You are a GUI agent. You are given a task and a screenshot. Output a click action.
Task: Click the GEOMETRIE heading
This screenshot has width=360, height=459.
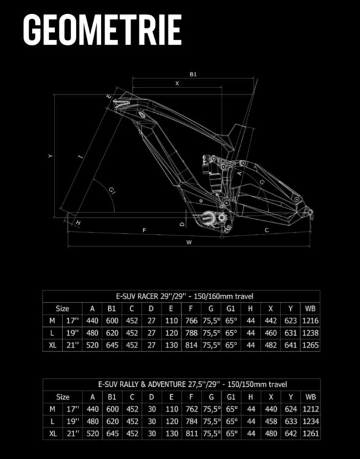click(102, 29)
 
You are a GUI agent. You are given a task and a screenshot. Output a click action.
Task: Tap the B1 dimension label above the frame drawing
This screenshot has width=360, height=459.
click(193, 74)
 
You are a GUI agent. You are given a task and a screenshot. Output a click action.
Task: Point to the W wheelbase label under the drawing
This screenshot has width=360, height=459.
click(189, 242)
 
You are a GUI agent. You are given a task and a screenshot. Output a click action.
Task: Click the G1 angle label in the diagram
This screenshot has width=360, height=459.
click(112, 190)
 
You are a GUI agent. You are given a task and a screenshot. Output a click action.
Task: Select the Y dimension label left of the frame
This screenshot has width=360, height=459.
click(50, 155)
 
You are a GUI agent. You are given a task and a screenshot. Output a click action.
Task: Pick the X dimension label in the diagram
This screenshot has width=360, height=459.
click(177, 83)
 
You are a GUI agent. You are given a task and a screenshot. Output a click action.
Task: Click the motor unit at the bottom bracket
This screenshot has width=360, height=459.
click(211, 217)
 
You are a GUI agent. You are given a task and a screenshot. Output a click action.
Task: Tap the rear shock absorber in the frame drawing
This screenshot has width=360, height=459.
click(213, 173)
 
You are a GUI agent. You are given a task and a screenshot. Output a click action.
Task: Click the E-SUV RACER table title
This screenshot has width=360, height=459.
click(184, 296)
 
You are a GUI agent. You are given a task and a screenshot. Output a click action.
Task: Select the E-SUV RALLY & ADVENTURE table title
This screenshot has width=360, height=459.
click(192, 384)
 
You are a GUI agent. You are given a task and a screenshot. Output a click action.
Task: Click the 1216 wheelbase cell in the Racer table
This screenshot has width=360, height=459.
click(310, 321)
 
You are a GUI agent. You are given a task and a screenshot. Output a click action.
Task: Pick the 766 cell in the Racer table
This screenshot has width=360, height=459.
click(191, 321)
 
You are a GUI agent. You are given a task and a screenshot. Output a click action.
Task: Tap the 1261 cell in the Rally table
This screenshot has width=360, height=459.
click(310, 433)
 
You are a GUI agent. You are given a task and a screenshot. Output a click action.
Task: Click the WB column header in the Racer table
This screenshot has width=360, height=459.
click(310, 308)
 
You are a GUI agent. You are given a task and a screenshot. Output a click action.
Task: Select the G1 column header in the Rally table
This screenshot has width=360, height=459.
click(231, 397)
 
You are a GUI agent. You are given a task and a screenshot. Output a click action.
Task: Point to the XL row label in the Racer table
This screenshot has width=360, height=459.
click(53, 345)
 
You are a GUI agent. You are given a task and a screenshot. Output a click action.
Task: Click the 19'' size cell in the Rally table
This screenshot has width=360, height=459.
click(73, 421)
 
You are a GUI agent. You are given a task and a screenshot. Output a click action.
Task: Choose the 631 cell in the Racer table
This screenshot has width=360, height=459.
click(290, 333)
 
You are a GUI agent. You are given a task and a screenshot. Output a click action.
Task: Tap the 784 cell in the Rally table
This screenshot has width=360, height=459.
click(192, 421)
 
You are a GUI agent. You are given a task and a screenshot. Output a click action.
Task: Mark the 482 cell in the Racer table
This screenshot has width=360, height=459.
click(271, 345)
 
